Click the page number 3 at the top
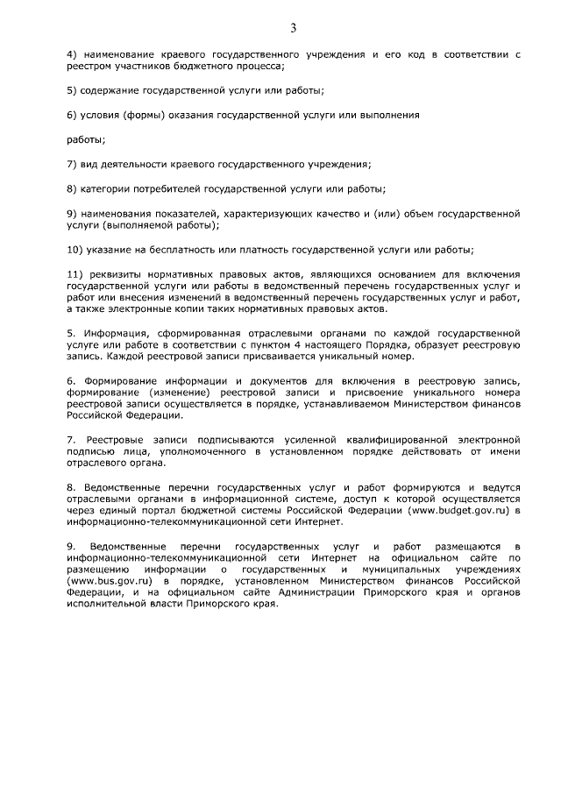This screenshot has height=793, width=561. (x=293, y=28)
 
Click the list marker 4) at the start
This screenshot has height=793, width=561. (x=74, y=54)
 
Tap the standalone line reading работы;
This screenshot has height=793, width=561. (x=87, y=139)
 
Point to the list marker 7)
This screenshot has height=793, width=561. (x=74, y=164)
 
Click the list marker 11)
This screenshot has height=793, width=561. (x=77, y=273)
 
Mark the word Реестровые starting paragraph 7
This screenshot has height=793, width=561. (x=115, y=437)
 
